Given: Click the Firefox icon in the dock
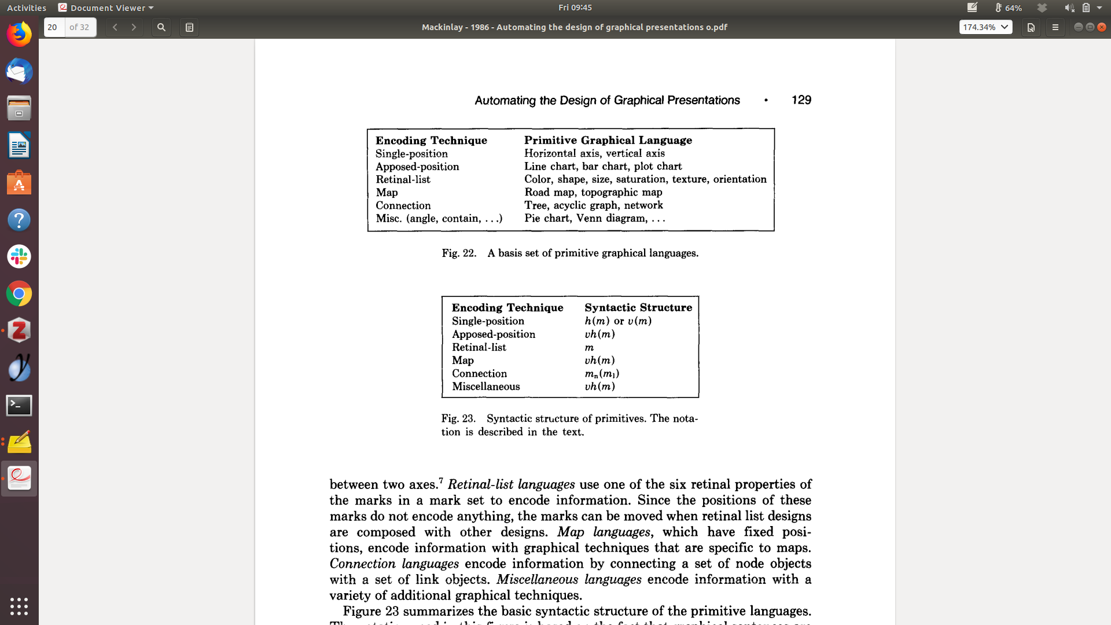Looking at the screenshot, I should tap(19, 35).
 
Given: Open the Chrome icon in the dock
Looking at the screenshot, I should tap(19, 294).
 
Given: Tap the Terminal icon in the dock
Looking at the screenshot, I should tap(19, 405).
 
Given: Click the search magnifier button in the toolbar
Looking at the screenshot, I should tap(161, 27).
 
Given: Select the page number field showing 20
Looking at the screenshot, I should tap(54, 27).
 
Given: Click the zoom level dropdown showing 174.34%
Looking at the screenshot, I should tap(985, 27).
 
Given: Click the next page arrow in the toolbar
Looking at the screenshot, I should tap(134, 27).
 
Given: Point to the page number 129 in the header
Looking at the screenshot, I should tap(801, 100).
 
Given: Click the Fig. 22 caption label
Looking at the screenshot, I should tap(459, 253).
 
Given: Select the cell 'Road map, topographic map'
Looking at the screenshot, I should tap(593, 192).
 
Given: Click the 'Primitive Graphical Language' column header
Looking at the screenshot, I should tap(608, 140).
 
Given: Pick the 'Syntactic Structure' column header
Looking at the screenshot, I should tap(638, 307).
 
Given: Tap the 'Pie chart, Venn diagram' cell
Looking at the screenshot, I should tap(594, 218).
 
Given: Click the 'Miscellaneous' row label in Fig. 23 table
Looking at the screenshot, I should tap(485, 387).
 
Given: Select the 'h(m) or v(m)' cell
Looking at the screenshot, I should tap(617, 321).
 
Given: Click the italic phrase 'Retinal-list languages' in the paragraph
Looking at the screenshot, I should tap(511, 484).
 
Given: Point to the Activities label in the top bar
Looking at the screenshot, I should tap(27, 8).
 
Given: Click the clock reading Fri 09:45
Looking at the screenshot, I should tap(575, 8).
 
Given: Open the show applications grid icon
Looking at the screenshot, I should tap(19, 606).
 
